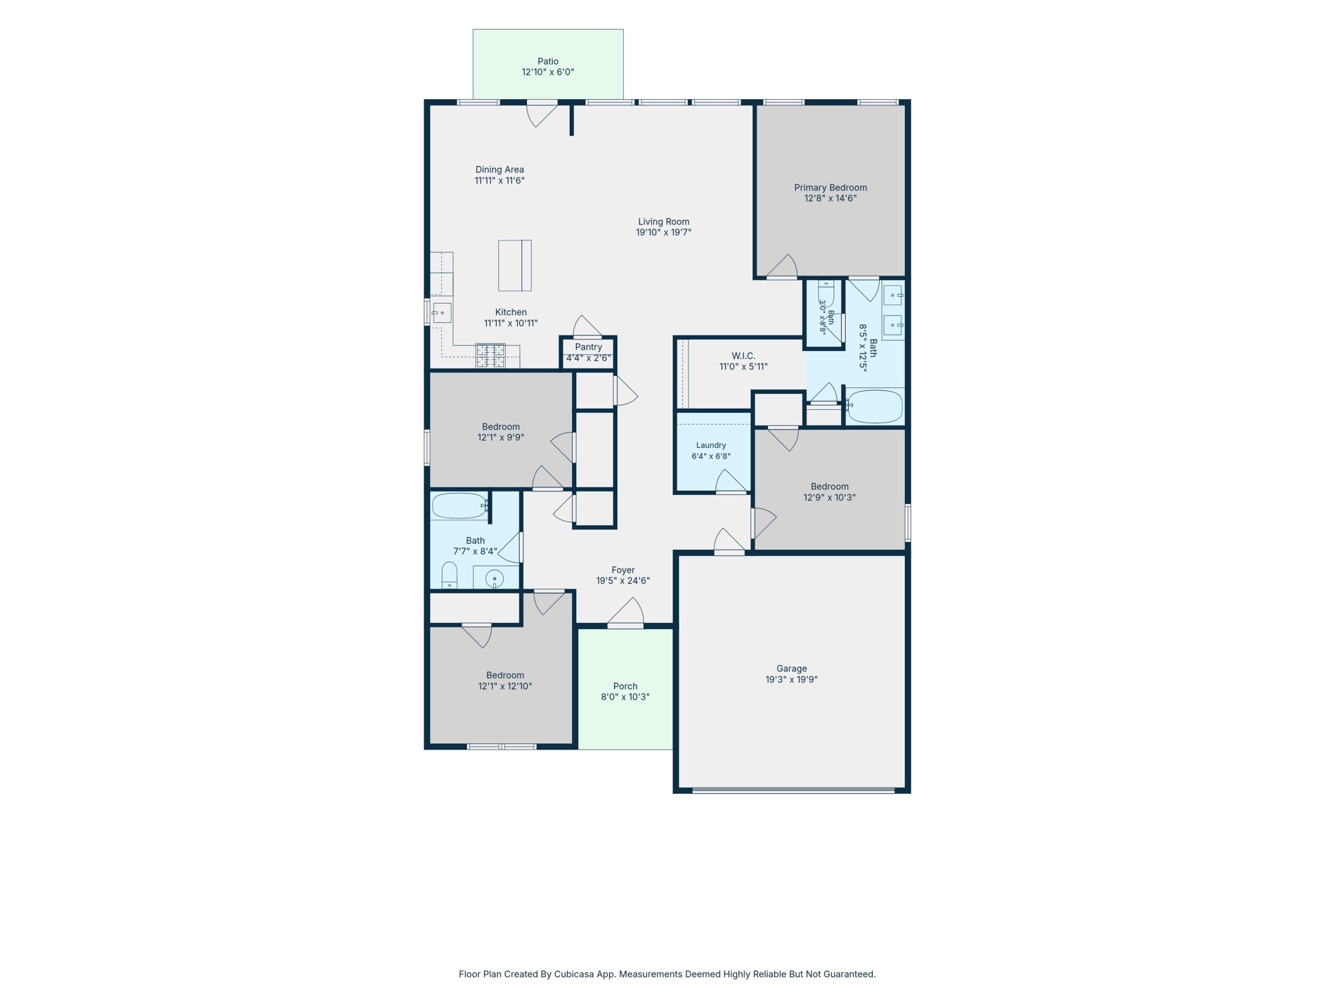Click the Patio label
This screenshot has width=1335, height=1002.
[x=548, y=62]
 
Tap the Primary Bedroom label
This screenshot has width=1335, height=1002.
[x=831, y=188]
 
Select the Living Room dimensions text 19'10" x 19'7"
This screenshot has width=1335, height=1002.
[x=664, y=233]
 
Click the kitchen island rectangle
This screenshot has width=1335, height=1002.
[x=515, y=266]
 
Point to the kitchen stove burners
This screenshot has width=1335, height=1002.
[x=490, y=356]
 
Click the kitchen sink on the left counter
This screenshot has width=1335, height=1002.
[x=441, y=313]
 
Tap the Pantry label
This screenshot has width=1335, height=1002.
[x=589, y=347]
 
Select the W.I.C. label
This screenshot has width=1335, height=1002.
[x=743, y=356]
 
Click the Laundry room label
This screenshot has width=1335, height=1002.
[x=711, y=445]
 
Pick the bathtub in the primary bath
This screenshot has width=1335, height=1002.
[x=875, y=406]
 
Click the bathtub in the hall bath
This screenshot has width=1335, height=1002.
[x=460, y=506]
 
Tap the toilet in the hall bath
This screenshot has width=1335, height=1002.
[x=450, y=575]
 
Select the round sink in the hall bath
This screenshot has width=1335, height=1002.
[x=495, y=579]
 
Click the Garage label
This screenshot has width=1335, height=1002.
[x=792, y=669]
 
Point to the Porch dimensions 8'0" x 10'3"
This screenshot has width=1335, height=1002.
[x=625, y=698]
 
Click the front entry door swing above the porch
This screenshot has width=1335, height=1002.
[x=625, y=611]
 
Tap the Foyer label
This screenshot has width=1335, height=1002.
[x=623, y=570]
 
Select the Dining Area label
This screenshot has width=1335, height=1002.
[x=500, y=169]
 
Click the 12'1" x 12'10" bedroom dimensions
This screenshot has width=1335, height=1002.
[x=505, y=686]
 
